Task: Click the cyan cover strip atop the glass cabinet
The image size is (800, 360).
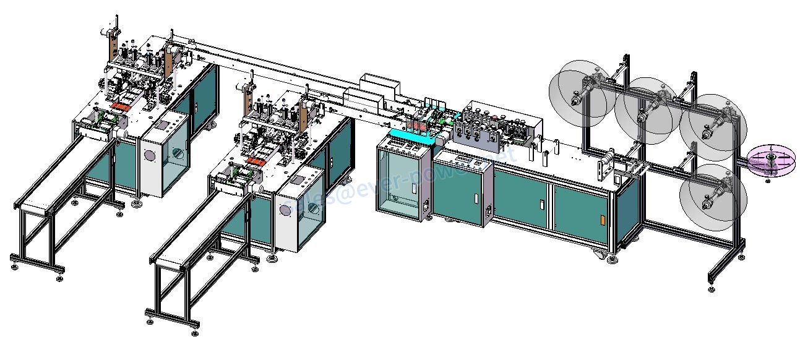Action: [408, 137]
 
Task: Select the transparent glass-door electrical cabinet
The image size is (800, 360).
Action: [400, 183]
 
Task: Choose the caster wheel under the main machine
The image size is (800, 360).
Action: [603, 255]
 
